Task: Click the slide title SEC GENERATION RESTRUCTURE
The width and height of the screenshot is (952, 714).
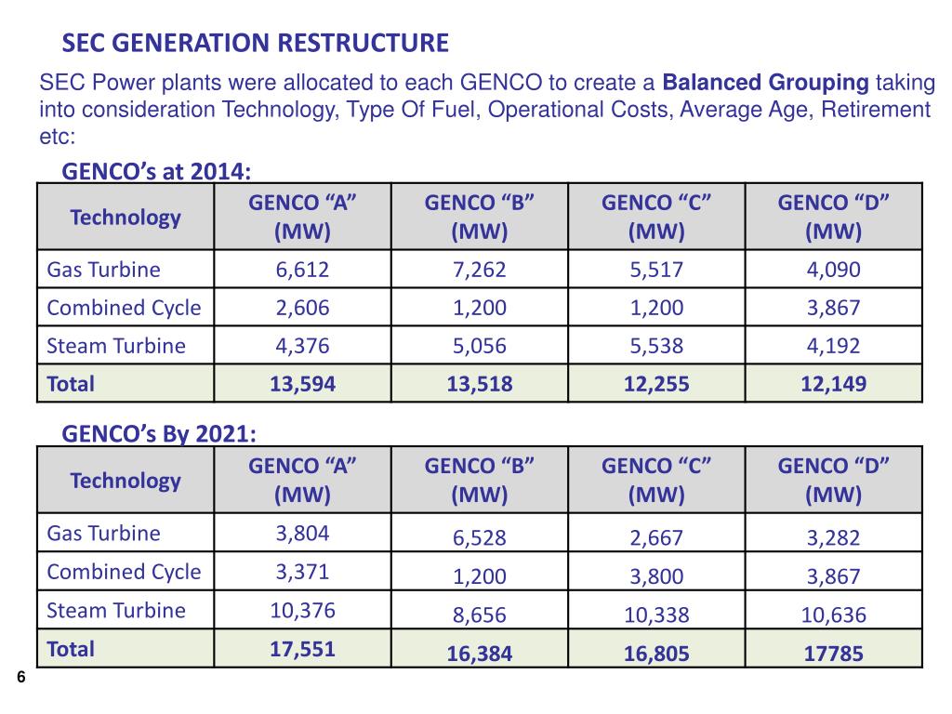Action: point(255,43)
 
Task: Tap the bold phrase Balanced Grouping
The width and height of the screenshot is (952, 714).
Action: point(765,84)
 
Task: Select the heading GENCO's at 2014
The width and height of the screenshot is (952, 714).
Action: point(156,171)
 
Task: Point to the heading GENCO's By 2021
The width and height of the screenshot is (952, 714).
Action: point(159,434)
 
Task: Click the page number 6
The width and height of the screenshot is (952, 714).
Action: point(20,677)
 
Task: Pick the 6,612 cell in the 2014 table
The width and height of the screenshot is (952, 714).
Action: point(302,271)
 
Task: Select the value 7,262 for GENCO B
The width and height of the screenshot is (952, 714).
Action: point(479,271)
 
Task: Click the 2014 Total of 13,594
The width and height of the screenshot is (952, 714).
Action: point(302,383)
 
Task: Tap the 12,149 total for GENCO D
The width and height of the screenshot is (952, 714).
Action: point(833,383)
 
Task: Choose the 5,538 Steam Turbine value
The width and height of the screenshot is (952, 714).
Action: point(656,347)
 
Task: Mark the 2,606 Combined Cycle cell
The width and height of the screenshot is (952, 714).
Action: point(302,309)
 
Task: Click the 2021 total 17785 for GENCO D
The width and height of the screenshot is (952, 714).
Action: point(833,654)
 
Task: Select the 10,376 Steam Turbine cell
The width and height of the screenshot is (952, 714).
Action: point(302,611)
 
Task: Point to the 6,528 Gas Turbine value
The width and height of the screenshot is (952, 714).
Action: point(479,538)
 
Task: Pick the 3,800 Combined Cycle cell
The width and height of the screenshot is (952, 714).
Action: point(656,576)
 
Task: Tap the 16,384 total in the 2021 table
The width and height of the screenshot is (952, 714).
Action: point(479,654)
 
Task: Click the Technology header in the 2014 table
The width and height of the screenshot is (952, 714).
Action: point(126,218)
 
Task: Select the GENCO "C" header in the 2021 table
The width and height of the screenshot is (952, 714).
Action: point(656,481)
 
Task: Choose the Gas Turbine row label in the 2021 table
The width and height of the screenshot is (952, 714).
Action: point(103,534)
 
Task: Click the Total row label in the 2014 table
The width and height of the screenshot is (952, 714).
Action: point(71,383)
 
